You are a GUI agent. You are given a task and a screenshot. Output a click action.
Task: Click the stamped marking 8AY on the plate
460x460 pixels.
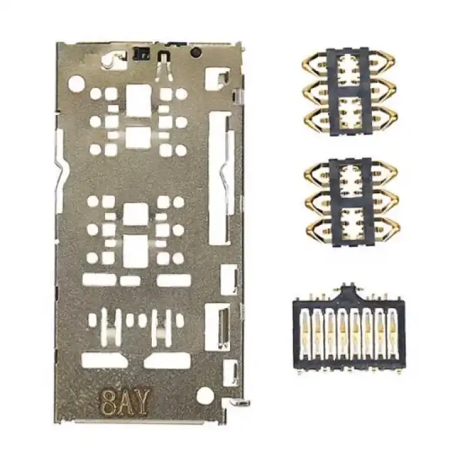pyautogui.click(x=126, y=400)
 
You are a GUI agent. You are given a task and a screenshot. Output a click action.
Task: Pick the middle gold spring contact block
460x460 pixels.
pyautogui.click(x=350, y=202)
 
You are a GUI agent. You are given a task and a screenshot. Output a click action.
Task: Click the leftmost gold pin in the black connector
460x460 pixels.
pyautogui.click(x=306, y=333)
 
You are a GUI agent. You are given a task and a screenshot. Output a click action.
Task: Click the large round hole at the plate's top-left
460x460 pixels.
pyautogui.click(x=76, y=83)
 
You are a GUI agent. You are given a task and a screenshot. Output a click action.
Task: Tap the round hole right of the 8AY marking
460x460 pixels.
pyautogui.click(x=205, y=396)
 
